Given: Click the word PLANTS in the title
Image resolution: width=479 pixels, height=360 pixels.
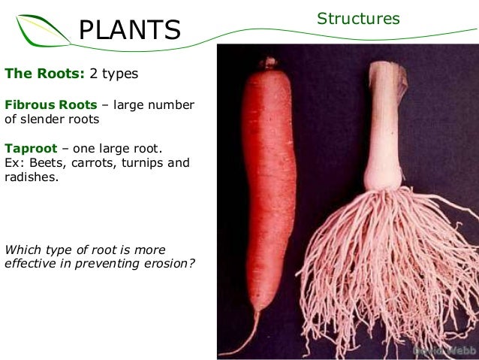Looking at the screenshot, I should tap(130, 29).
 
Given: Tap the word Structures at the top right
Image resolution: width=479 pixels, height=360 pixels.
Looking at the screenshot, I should tap(357, 19).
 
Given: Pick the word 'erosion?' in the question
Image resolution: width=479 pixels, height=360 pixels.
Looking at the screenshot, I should tap(170, 263).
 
